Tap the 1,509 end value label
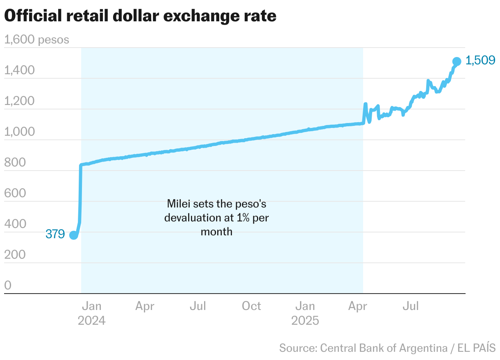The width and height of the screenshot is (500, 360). [x=481, y=61]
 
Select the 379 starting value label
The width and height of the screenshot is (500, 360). [x=55, y=235]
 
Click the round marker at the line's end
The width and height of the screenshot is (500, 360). [x=457, y=62]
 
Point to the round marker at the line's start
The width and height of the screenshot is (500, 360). [x=73, y=235]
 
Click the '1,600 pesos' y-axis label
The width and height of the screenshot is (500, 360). [x=36, y=40]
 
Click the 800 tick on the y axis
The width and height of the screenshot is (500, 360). [x=15, y=163]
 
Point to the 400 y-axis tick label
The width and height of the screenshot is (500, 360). [x=15, y=224]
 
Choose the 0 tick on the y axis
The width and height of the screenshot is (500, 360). [x=8, y=286]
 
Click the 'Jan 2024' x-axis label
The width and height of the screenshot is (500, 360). [x=92, y=313]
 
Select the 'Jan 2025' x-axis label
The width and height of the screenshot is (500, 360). [x=305, y=313]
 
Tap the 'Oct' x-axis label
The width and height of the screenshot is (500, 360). [x=251, y=306]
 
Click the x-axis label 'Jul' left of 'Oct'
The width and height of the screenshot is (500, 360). [x=198, y=306]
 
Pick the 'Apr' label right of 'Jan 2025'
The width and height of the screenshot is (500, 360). [x=358, y=306]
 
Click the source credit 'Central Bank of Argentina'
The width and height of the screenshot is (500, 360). [x=383, y=348]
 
